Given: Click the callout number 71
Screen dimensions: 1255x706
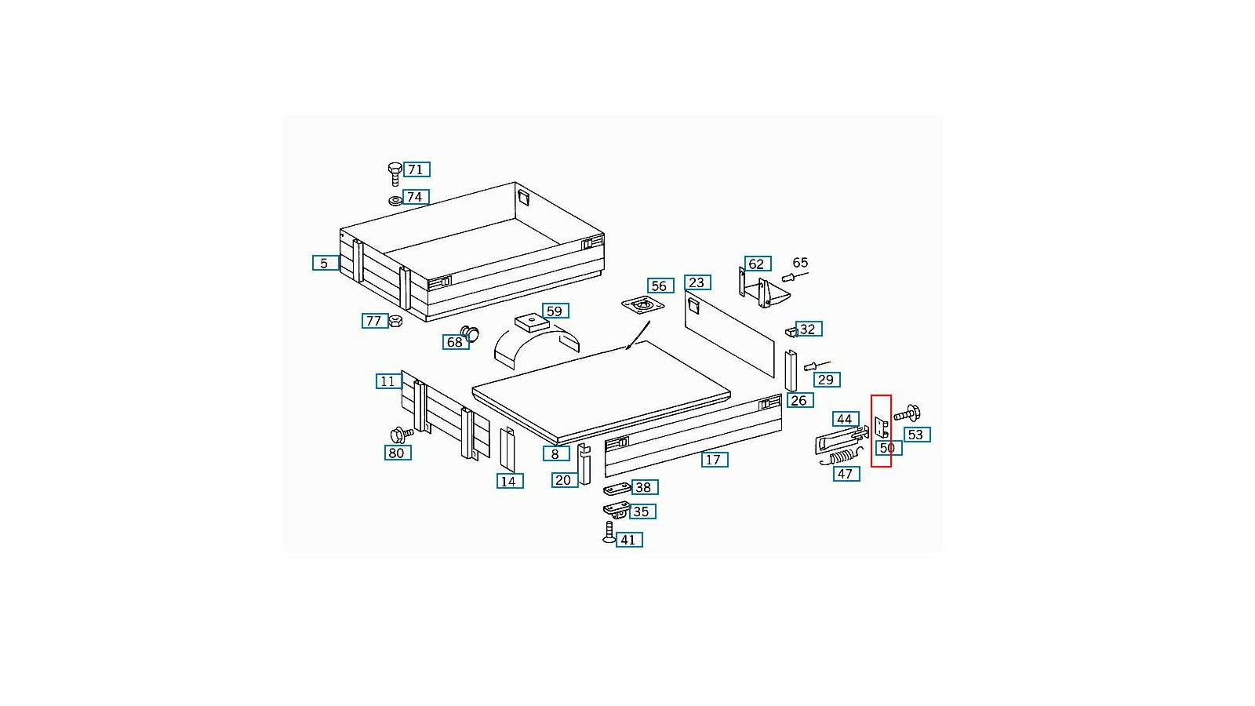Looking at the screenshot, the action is click(x=416, y=169).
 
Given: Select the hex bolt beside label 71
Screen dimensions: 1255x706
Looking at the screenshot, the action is click(x=395, y=173).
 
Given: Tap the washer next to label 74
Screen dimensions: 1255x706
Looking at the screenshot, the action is click(x=395, y=200).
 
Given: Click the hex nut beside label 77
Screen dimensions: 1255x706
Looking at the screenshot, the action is click(x=395, y=321).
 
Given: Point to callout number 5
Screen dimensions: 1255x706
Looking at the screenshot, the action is click(x=325, y=263).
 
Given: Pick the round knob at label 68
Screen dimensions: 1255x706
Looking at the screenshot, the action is click(x=470, y=333).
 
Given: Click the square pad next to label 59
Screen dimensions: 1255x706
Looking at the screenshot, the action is click(x=532, y=322).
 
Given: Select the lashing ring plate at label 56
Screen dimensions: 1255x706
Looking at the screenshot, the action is click(x=642, y=305).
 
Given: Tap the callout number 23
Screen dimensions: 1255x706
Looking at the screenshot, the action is click(x=697, y=282).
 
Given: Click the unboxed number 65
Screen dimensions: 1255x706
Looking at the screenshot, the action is click(x=800, y=263).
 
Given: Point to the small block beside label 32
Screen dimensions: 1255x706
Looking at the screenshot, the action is click(x=791, y=333).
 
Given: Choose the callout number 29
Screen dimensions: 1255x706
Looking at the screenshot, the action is click(x=827, y=380).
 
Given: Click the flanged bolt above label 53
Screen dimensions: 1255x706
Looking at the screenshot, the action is click(x=907, y=413).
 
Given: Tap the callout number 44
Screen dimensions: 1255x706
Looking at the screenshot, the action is click(x=846, y=419).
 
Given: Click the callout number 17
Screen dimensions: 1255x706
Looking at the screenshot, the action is click(x=715, y=460).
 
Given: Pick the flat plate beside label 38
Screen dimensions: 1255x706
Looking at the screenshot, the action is click(x=617, y=489).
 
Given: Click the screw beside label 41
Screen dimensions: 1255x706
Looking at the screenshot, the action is click(x=609, y=532).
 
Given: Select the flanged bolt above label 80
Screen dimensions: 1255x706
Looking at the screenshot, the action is click(x=401, y=435).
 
